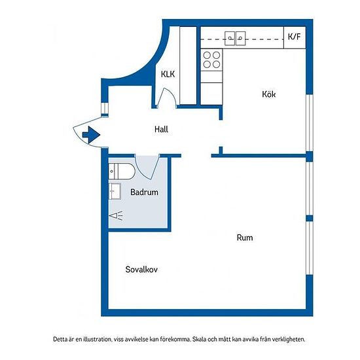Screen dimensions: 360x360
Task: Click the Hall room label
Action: pyautogui.click(x=161, y=129)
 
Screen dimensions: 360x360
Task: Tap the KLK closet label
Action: pyautogui.click(x=168, y=74)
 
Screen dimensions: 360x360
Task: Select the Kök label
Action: pyautogui.click(x=268, y=94)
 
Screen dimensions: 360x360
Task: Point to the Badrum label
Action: pyautogui.click(x=144, y=192)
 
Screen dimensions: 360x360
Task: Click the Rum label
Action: pyautogui.click(x=245, y=238)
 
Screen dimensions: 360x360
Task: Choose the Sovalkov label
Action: pyautogui.click(x=141, y=269)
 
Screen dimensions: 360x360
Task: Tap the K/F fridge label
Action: pyautogui.click(x=294, y=37)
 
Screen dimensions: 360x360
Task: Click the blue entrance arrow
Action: pyautogui.click(x=91, y=135)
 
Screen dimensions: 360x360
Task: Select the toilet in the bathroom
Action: pyautogui.click(x=122, y=171)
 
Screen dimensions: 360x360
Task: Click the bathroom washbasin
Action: pyautogui.click(x=115, y=191)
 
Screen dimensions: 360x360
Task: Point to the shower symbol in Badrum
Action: pyautogui.click(x=116, y=216)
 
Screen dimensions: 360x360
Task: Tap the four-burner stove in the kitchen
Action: pyautogui.click(x=211, y=60)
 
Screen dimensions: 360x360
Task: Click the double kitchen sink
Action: pyautogui.click(x=235, y=39)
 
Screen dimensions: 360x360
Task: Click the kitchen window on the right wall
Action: pyautogui.click(x=310, y=123)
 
